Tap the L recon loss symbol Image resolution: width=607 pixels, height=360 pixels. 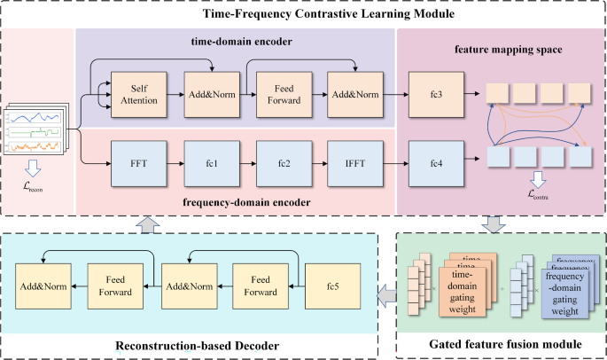tap(32, 187)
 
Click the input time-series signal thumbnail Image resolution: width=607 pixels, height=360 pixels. tap(35, 129)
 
